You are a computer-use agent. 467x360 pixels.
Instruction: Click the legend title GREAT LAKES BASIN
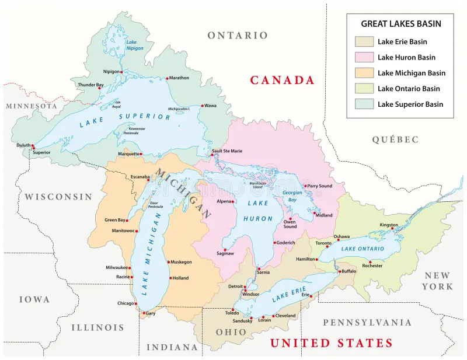pos(400,24)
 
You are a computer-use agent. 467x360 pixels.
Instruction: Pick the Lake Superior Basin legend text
pos(410,104)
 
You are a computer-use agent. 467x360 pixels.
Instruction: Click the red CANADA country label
pos(283,81)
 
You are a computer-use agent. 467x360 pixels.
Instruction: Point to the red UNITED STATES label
pos(331,343)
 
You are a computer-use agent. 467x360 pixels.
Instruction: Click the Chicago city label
pos(126,303)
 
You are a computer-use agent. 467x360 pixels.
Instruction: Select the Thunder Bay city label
pos(91,85)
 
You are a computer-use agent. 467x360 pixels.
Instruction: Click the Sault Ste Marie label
pos(226,151)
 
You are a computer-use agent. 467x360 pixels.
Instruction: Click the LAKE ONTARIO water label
pos(363,249)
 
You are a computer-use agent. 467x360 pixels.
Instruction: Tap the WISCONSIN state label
pos(58,197)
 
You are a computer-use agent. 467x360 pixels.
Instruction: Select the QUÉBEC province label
pos(395,139)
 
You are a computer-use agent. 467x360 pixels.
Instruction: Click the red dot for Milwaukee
pos(130,268)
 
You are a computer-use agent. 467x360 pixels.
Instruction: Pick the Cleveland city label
pos(285,316)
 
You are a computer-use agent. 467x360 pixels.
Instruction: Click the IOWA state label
pos(34,299)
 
